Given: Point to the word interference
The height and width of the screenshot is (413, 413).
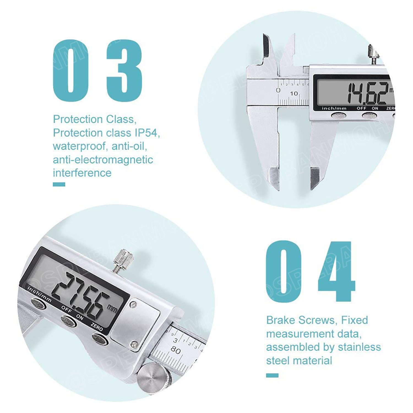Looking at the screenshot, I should click(82, 173).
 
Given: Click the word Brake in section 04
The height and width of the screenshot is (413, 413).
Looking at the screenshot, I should click(281, 320).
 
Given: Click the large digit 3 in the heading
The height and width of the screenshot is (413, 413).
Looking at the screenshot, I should click(124, 71).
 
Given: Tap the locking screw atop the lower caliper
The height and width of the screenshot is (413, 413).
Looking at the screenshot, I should click(123, 259).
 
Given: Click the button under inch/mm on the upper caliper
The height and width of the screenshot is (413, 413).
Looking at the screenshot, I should click(338, 116).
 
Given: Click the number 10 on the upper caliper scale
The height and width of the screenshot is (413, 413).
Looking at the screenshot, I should click(294, 94).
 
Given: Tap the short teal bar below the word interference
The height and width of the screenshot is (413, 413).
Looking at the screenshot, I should click(59, 184).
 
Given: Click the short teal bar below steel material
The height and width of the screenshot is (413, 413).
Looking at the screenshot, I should click(272, 375).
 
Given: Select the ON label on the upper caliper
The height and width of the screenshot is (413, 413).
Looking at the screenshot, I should click(375, 108).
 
